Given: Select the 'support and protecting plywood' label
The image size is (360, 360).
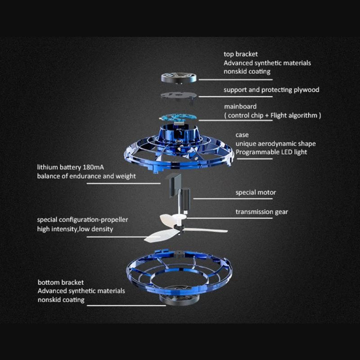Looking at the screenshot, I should click(x=271, y=90).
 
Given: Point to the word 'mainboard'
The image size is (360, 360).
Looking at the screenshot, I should click(x=240, y=107).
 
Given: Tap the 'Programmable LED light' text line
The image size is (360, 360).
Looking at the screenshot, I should click(x=271, y=152).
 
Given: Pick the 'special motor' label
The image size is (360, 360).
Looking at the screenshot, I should click(x=256, y=193).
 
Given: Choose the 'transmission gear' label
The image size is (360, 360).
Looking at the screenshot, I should click(x=262, y=212).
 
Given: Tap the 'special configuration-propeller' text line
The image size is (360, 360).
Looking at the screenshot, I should click(x=82, y=220).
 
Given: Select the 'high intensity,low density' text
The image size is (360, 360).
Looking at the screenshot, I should click(x=75, y=229).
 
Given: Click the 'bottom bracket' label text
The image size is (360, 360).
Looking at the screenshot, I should click(x=61, y=283).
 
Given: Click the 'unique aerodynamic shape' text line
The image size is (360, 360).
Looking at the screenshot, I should click(x=275, y=144).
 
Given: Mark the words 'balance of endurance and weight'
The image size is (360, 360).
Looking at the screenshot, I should click(x=86, y=176).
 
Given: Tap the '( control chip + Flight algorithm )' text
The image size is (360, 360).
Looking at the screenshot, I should click(x=272, y=115).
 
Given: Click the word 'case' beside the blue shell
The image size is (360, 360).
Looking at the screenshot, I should click(x=242, y=135).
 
